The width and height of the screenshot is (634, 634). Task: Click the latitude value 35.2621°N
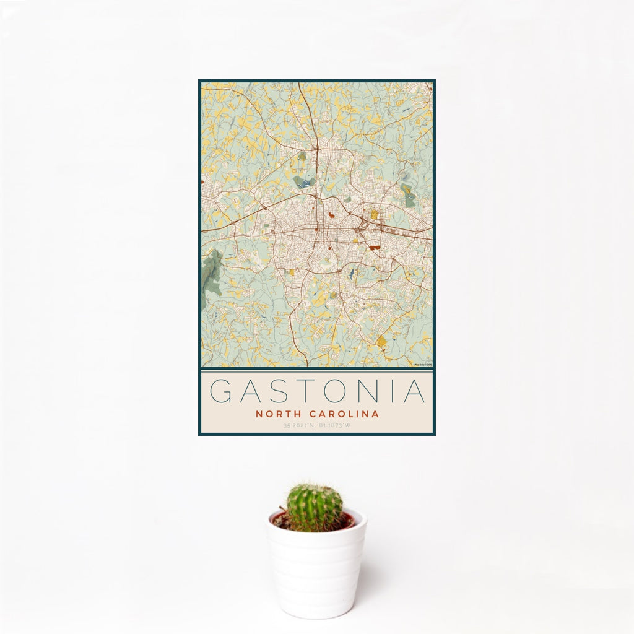(x=298, y=425)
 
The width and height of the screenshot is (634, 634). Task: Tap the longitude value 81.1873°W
(x=337, y=425)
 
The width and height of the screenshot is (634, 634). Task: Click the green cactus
(x=314, y=508)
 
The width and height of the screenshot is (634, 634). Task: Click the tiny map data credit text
(x=423, y=365)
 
